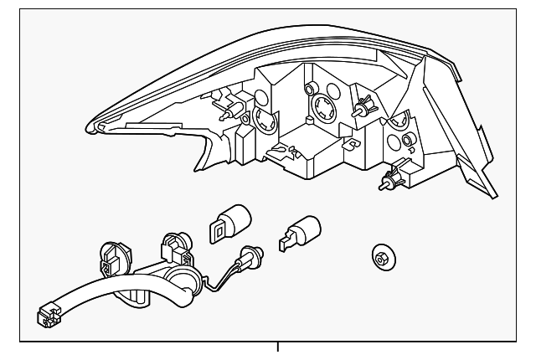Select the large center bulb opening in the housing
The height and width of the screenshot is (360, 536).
point(321,110)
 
